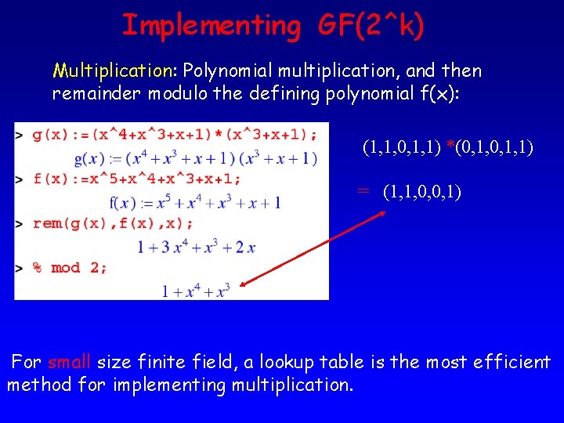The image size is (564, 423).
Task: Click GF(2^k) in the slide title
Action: [371, 26]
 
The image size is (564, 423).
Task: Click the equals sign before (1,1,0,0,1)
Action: [363, 191]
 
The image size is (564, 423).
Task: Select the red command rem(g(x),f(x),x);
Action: [114, 223]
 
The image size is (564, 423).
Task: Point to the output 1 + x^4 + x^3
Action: [196, 291]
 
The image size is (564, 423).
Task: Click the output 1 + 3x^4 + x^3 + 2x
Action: [197, 248]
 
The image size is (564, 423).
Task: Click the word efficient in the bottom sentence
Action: [513, 363]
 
